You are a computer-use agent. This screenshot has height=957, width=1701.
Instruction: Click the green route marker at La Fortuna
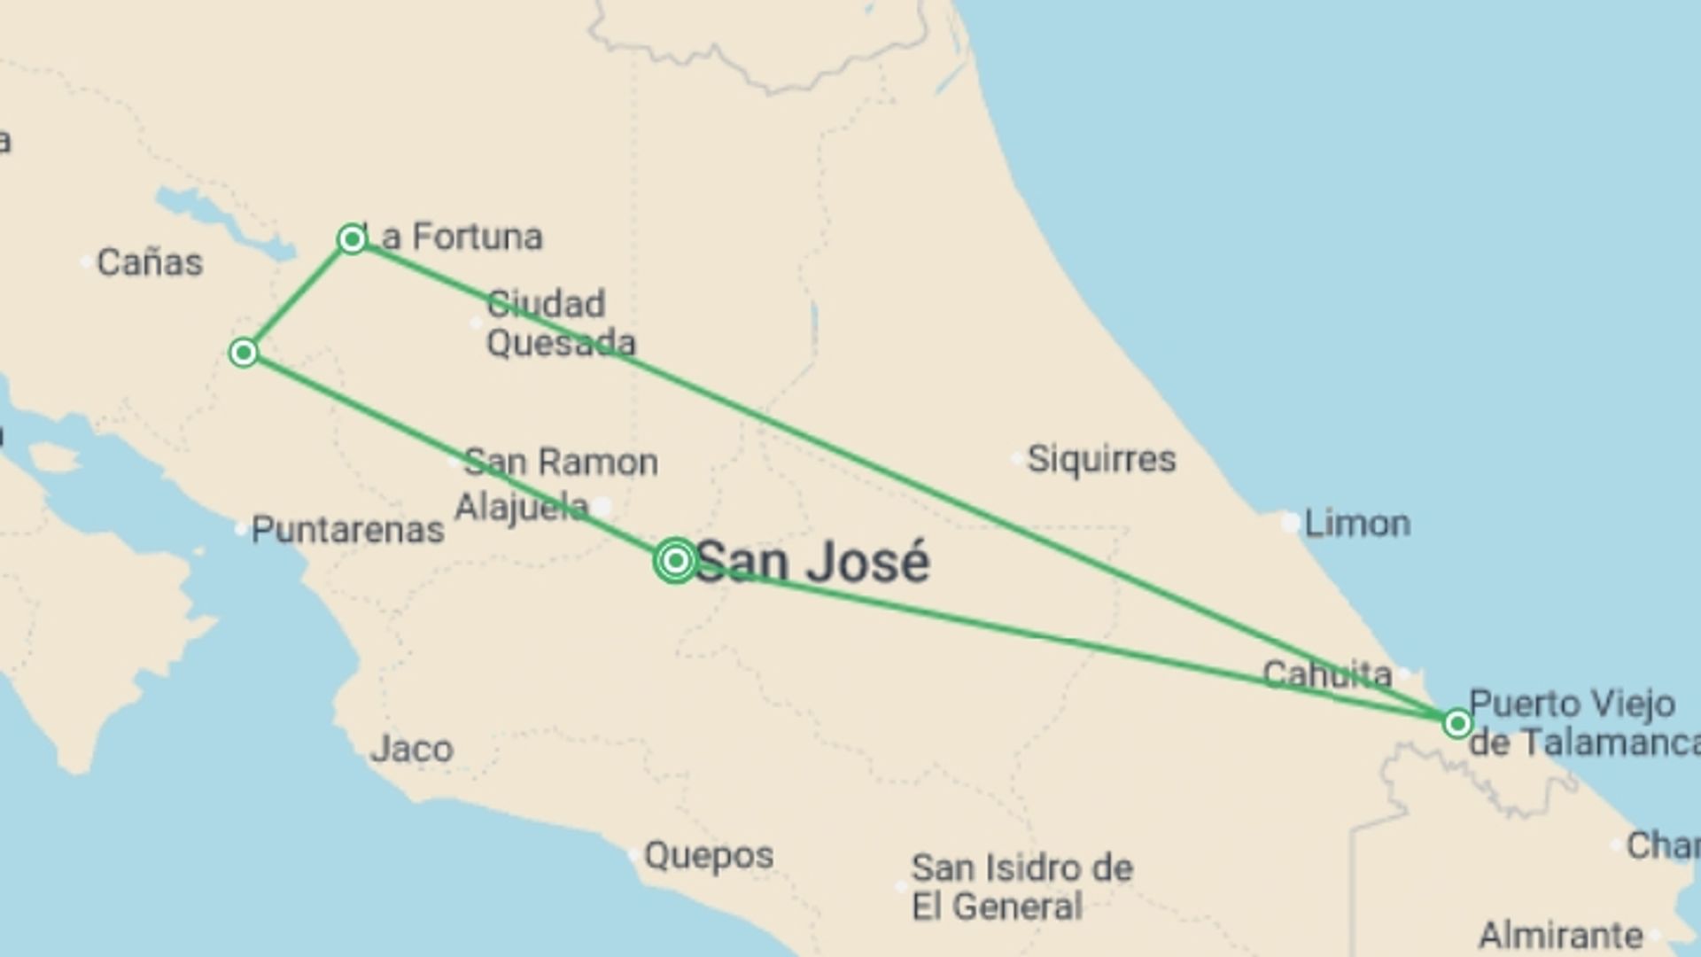pos(352,238)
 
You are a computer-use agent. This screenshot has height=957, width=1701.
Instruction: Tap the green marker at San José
pos(675,560)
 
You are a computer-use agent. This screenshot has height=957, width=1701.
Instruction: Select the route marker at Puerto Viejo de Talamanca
pos(1457,724)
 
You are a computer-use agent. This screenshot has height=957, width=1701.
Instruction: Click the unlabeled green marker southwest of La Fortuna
pos(244,353)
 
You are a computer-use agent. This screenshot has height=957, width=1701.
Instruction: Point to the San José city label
pos(812,563)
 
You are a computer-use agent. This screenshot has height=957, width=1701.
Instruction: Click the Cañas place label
pos(150,262)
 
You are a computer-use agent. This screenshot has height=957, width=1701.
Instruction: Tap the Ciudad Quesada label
pos(560,323)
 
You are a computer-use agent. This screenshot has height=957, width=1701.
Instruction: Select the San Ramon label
pos(561,463)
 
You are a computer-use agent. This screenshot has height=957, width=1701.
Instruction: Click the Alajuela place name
pos(521,508)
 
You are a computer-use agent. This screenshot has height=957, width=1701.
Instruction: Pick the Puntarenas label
pos(347,530)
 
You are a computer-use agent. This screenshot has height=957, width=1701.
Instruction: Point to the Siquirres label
pos(1101,459)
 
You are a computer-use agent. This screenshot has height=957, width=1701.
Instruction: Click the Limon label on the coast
pos(1357,524)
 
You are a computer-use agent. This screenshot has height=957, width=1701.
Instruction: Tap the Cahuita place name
pos(1327,675)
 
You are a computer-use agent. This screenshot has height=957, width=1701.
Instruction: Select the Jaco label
pos(412,750)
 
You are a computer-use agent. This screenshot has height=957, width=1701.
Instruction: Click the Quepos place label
pos(709,856)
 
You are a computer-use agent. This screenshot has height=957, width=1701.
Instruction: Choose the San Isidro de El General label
pos(1021,887)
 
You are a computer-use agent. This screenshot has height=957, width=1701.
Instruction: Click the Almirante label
pos(1560,935)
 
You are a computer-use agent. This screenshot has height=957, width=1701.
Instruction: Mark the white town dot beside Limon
pos(1290,523)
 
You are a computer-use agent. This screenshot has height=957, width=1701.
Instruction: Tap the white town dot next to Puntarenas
pos(240,529)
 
